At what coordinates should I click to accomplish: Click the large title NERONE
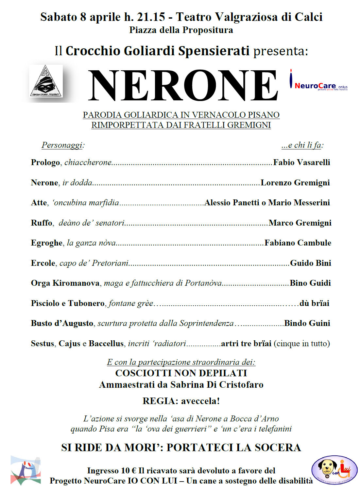[x=183, y=86]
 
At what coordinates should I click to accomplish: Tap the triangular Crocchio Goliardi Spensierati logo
[x=46, y=81]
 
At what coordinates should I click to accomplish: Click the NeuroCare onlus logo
[x=318, y=84]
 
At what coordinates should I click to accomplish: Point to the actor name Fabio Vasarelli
[x=301, y=162]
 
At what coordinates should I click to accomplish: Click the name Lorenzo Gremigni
[x=295, y=183]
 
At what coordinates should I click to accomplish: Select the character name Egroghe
[x=46, y=243]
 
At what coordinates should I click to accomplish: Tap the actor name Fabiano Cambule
[x=298, y=243]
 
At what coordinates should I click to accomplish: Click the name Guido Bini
[x=310, y=263]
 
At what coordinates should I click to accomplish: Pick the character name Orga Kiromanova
[x=65, y=283]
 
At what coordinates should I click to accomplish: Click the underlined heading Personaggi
[x=62, y=145]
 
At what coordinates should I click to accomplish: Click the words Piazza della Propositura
[x=181, y=30]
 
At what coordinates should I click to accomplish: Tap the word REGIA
[x=155, y=401]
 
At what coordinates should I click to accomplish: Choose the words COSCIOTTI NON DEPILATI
[x=181, y=373]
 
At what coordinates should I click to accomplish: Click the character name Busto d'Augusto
[x=62, y=323]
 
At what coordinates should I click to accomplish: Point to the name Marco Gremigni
[x=300, y=223]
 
